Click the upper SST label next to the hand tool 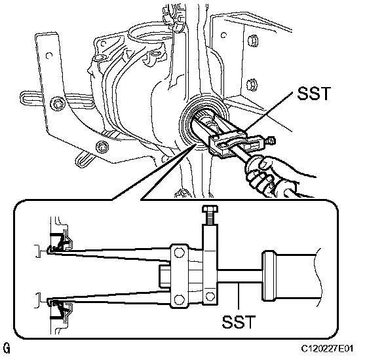[x=314, y=93]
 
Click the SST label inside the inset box [x=239, y=322]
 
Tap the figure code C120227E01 [x=327, y=348]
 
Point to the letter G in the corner [x=7, y=348]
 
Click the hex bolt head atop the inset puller [x=210, y=209]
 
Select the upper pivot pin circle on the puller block [x=179, y=253]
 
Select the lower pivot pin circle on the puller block [x=179, y=299]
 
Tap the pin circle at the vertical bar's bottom [x=210, y=297]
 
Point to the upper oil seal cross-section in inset [x=60, y=242]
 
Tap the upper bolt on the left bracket [x=57, y=103]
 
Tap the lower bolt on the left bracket [x=102, y=147]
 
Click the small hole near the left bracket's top [x=49, y=56]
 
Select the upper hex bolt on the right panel [x=253, y=41]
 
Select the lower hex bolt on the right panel [x=252, y=84]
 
